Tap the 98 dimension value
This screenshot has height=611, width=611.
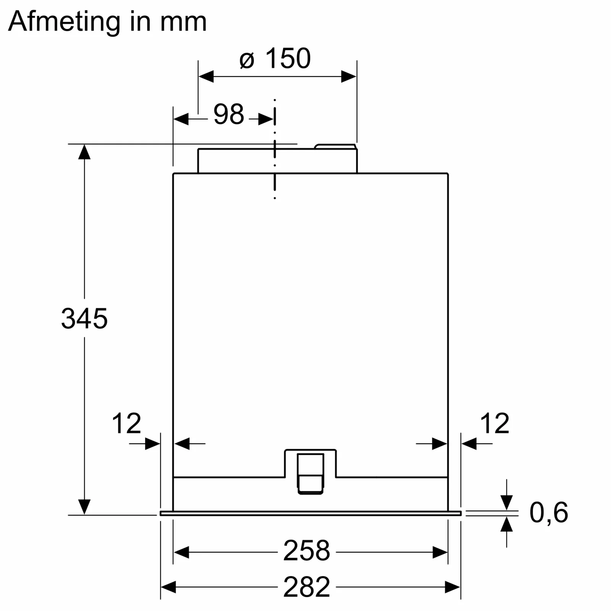(228, 114)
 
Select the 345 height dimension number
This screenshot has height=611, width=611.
(84, 318)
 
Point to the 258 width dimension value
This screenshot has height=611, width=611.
(306, 551)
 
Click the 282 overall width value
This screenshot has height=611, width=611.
(306, 587)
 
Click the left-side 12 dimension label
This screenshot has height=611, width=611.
(126, 423)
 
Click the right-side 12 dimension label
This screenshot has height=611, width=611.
(494, 423)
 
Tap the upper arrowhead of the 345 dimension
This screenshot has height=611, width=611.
(84, 152)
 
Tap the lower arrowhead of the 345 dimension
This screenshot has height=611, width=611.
(84, 507)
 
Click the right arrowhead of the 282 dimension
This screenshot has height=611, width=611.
(453, 587)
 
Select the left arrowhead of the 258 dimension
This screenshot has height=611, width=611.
(181, 552)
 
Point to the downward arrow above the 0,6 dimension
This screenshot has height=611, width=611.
(506, 502)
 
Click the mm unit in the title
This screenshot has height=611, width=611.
(183, 21)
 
